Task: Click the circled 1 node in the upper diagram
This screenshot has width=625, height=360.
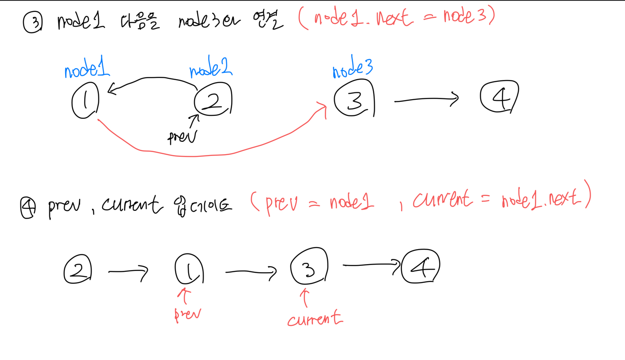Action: pyautogui.click(x=86, y=101)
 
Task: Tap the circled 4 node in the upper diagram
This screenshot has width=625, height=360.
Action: pyautogui.click(x=499, y=97)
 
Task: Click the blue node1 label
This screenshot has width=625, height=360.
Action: pyautogui.click(x=87, y=68)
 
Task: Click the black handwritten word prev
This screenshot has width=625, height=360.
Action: pyautogui.click(x=182, y=137)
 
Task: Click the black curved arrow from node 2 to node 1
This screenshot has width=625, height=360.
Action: pyautogui.click(x=153, y=78)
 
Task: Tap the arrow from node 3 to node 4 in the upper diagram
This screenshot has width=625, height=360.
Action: pyautogui.click(x=426, y=100)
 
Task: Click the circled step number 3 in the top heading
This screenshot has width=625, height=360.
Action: pyautogui.click(x=33, y=23)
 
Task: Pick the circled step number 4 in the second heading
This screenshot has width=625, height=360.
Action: pyautogui.click(x=28, y=208)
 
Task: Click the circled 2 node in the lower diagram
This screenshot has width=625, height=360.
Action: pyautogui.click(x=78, y=269)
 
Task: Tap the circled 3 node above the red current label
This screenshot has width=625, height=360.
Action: pyautogui.click(x=309, y=267)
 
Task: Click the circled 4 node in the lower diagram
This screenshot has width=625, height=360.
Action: pyautogui.click(x=421, y=267)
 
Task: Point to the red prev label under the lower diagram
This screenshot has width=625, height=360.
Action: pyautogui.click(x=187, y=314)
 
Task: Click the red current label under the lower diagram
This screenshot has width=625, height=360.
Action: pyautogui.click(x=315, y=319)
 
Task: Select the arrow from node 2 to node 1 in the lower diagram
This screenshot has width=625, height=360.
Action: pyautogui.click(x=128, y=271)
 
